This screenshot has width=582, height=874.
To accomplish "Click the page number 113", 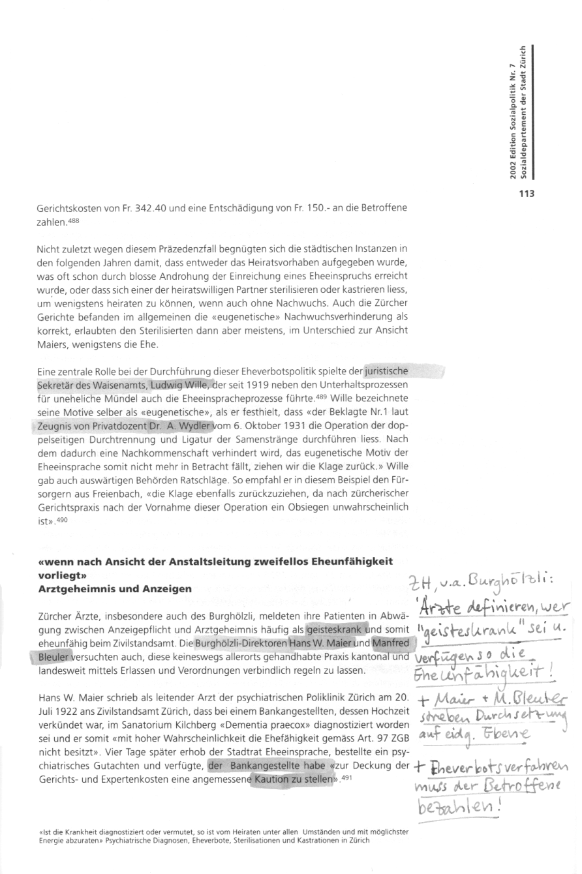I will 527,192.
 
